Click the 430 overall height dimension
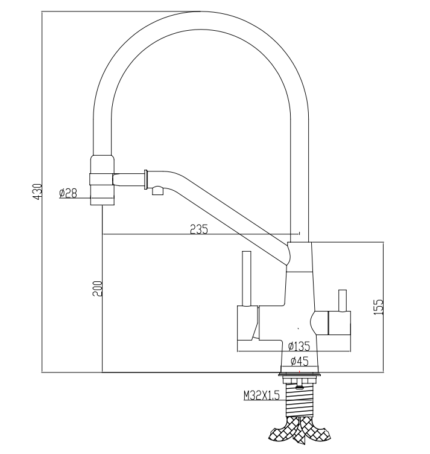point(36,191)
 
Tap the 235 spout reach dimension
point(198,229)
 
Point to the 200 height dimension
point(98,289)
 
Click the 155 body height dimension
point(378,307)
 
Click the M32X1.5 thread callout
point(261,396)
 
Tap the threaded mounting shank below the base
point(300,397)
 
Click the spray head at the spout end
point(102,179)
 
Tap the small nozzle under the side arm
point(158,191)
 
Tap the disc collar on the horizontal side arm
point(146,180)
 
